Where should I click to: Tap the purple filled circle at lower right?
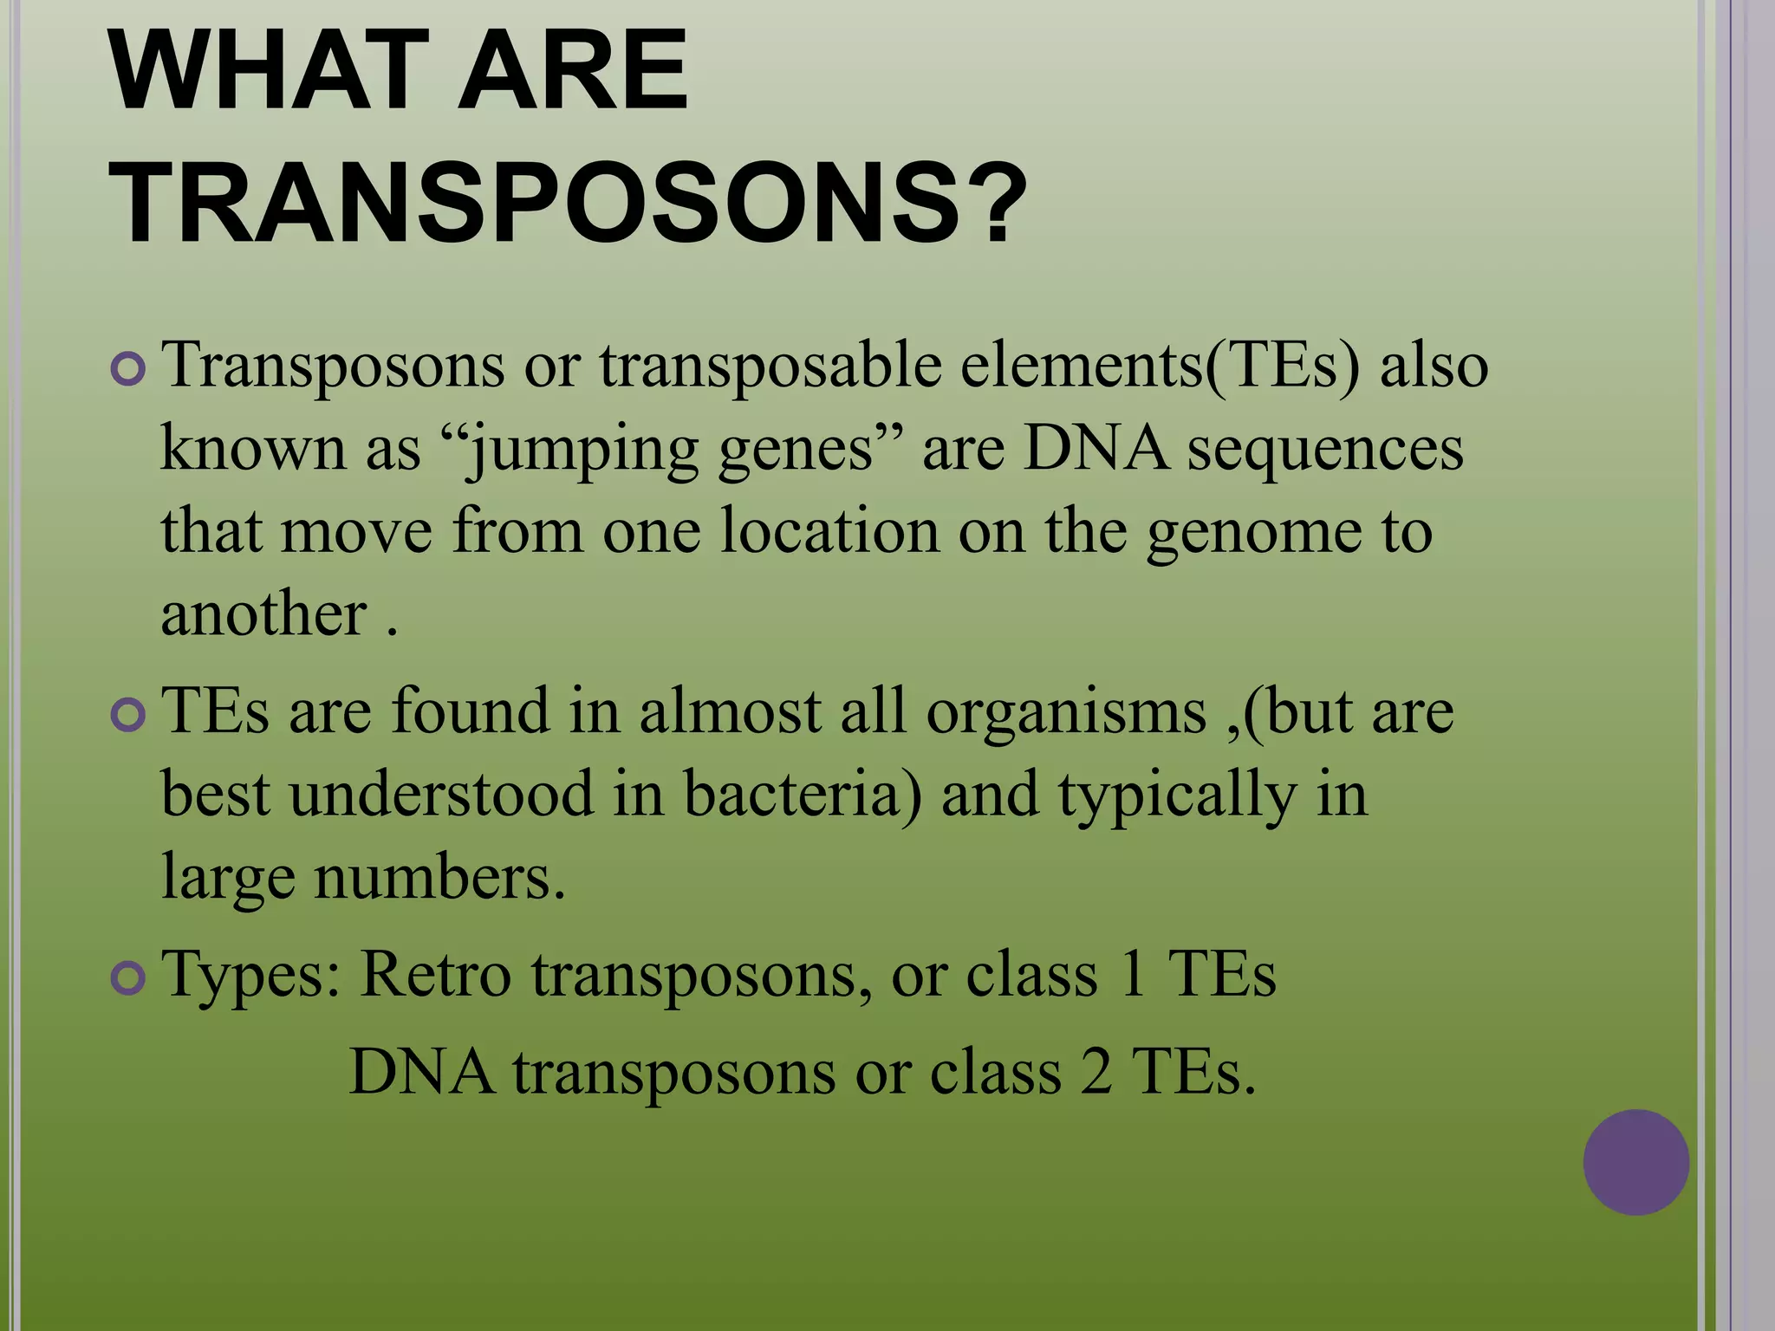pos(1635,1162)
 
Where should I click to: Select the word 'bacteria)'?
pos(803,795)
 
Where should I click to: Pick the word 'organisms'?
pos(1066,713)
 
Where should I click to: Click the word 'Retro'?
pos(435,976)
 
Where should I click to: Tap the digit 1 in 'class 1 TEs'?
pos(1131,976)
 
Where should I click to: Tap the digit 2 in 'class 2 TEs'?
pos(1096,1073)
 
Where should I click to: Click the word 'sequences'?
pos(1325,450)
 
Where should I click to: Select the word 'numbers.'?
pos(439,878)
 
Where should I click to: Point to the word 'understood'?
pos(441,795)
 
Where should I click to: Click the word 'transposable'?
pos(770,366)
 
